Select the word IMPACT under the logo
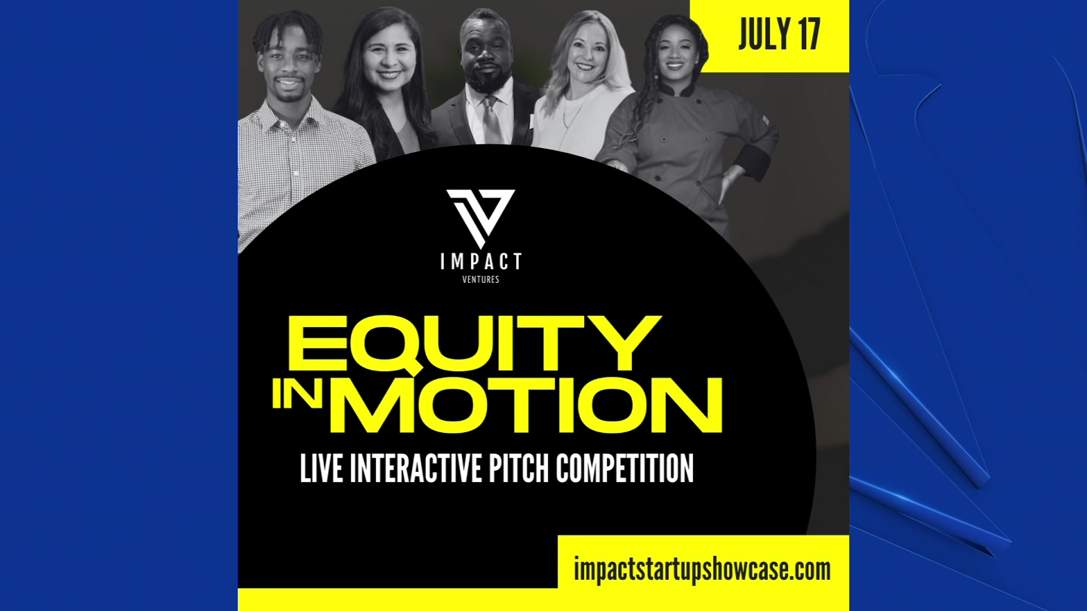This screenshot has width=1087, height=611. (x=481, y=262)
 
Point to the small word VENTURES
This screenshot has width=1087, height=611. (x=481, y=279)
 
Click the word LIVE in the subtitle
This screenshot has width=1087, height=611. (x=321, y=468)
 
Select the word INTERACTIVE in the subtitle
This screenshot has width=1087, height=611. (x=416, y=468)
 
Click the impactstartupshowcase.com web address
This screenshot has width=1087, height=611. (x=702, y=570)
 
